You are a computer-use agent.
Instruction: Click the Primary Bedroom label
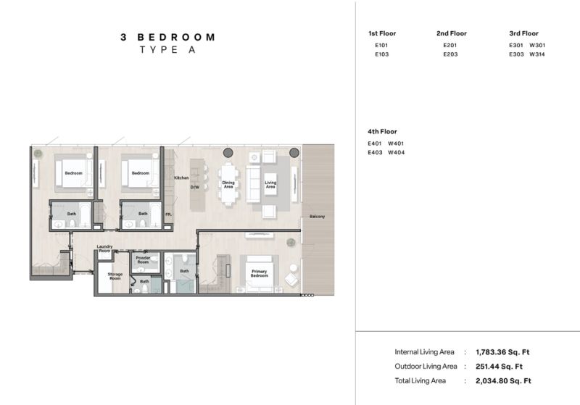(260, 273)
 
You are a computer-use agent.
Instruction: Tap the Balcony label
(317, 217)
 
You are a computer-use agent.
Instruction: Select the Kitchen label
(181, 178)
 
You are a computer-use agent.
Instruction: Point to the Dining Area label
(228, 185)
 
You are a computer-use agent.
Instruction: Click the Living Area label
(270, 185)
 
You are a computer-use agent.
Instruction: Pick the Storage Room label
(115, 276)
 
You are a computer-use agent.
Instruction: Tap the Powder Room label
(143, 260)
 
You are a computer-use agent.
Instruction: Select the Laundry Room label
(104, 249)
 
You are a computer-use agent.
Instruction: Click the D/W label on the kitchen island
(195, 188)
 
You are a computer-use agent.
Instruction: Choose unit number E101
(381, 46)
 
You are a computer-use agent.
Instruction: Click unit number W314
(537, 54)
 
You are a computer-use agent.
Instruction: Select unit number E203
(450, 54)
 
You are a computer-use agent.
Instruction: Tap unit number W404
(396, 153)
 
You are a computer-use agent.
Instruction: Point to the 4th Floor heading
(382, 132)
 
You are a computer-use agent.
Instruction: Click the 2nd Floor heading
(451, 33)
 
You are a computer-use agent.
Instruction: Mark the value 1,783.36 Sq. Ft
(502, 352)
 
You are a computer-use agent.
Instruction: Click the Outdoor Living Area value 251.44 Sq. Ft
(499, 367)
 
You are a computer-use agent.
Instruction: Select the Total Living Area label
(420, 380)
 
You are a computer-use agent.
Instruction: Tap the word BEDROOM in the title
(176, 38)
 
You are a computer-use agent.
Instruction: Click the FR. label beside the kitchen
(168, 214)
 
